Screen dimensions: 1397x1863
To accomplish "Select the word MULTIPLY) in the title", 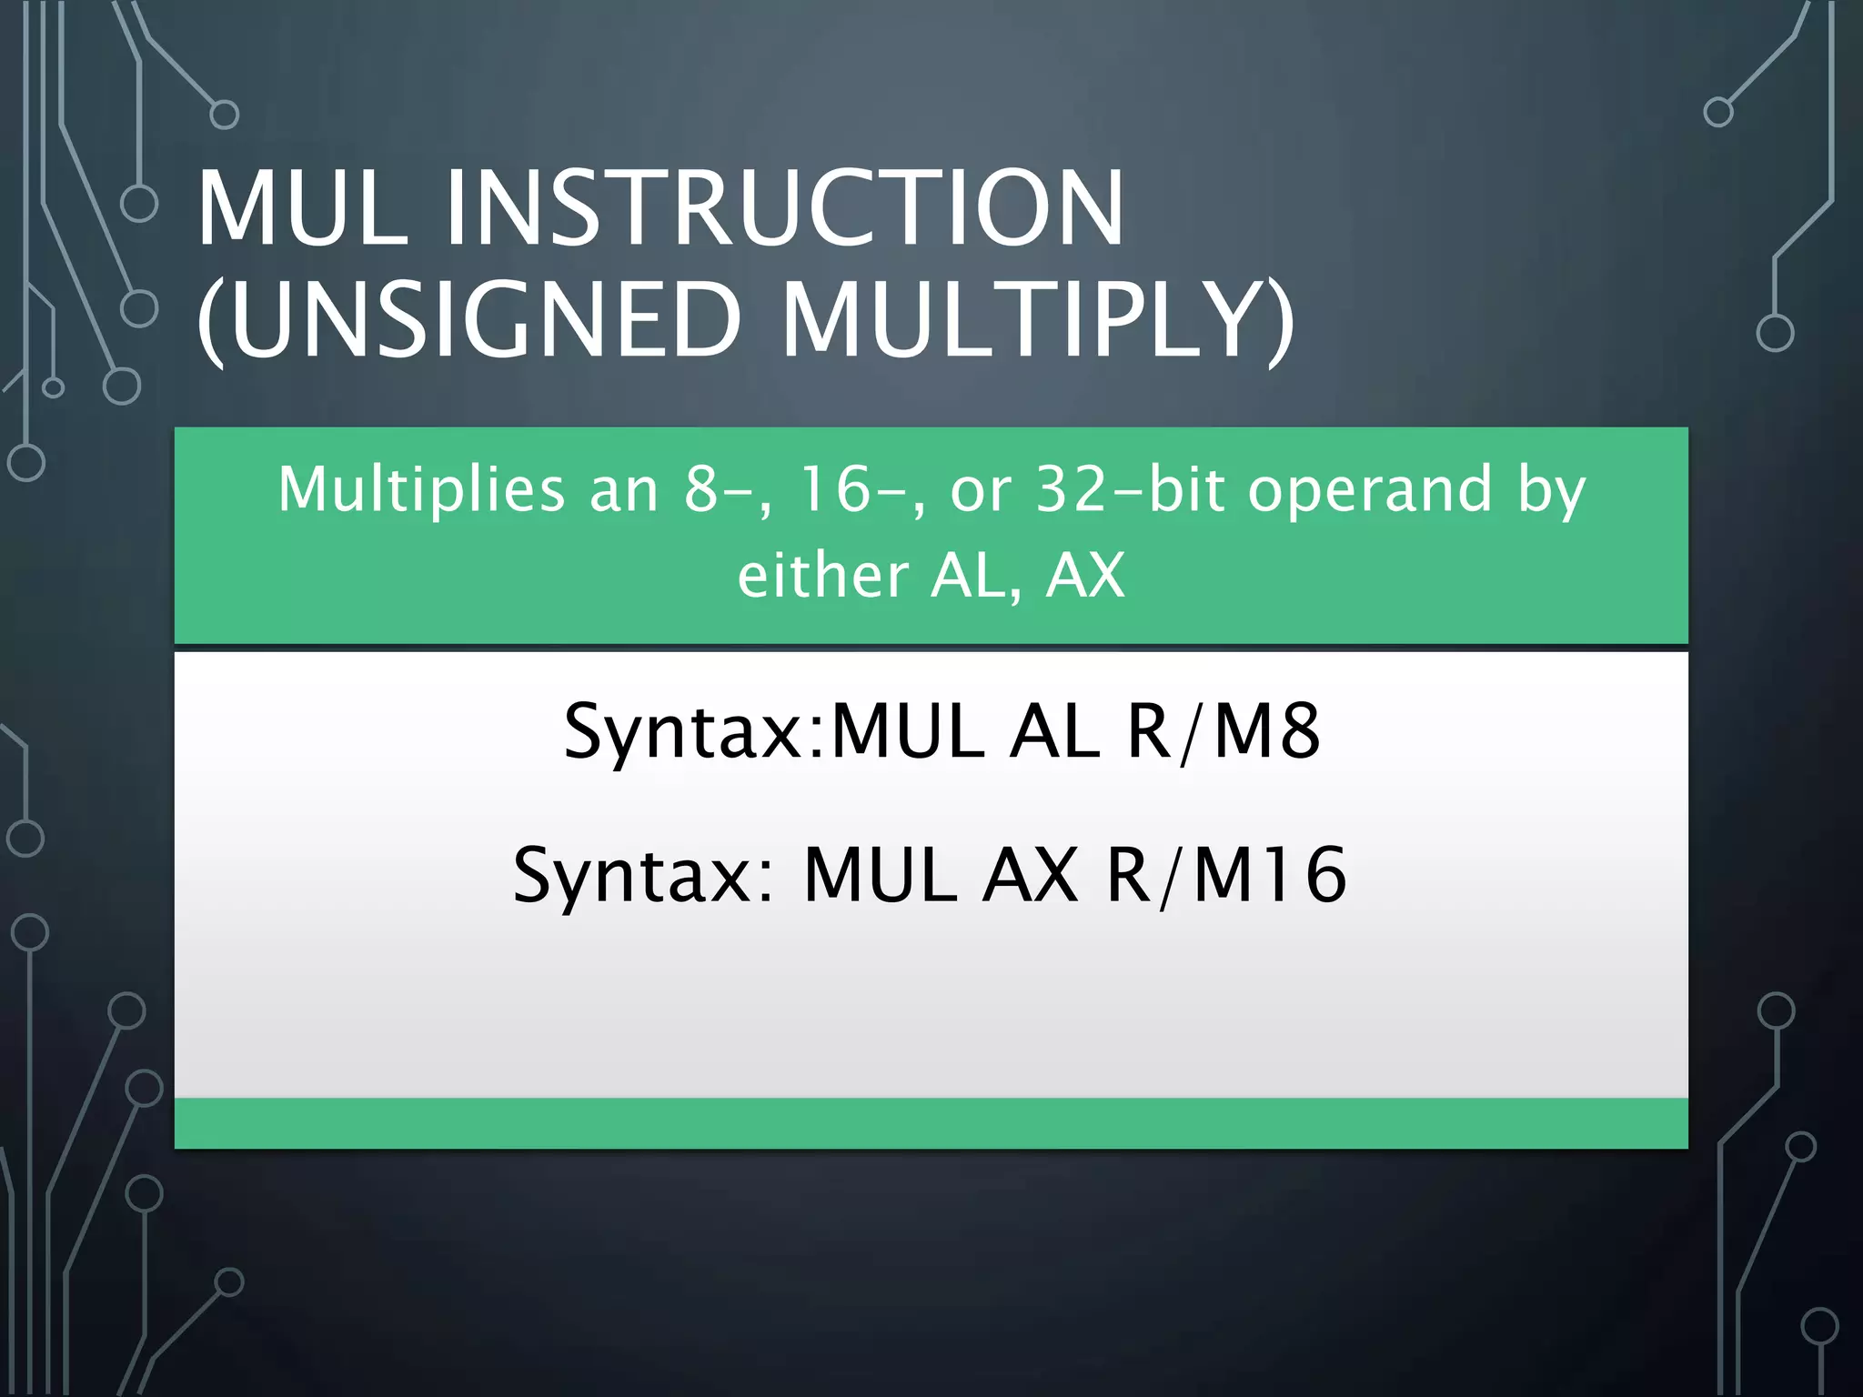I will coord(1037,320).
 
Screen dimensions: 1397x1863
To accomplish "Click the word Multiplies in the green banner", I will coord(421,489).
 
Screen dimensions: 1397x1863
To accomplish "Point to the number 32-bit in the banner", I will coord(1087,489).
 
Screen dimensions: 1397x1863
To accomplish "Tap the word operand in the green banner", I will coord(1370,489).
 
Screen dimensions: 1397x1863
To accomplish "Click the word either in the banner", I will coord(822,576).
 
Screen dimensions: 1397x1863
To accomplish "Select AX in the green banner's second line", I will coord(1085,576).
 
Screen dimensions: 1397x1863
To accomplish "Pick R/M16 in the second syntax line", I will coord(1226,875).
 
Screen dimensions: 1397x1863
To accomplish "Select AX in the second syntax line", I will coord(1030,875).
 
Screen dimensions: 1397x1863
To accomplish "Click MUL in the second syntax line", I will coord(881,875).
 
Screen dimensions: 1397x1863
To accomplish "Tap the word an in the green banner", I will coord(623,491).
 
